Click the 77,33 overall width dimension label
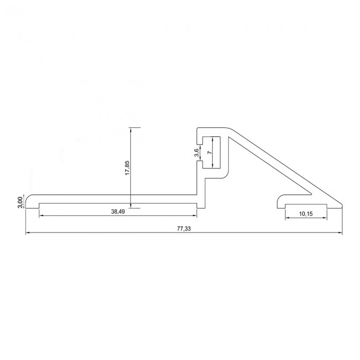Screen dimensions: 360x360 click(184, 229)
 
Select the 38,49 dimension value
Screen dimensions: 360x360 click(118, 212)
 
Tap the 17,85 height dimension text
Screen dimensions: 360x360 click(127, 168)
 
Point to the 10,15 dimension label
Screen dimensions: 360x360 click(306, 214)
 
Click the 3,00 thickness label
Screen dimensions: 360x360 click(20, 202)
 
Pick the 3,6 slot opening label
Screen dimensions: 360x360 click(197, 153)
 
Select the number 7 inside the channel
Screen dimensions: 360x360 click(209, 152)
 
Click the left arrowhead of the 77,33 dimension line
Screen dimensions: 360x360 click(28, 233)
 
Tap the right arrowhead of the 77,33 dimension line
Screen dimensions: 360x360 click(340, 233)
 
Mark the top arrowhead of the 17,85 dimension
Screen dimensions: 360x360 click(130, 130)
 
